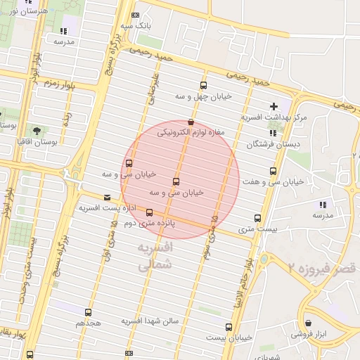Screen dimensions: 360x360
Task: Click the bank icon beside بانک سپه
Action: coord(136,15)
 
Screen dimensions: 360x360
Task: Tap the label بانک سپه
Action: coord(136,25)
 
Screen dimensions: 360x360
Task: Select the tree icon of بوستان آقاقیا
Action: coord(37,131)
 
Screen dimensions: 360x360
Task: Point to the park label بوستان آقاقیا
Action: coord(38,141)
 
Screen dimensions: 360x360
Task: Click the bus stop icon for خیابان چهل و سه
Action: coord(204,86)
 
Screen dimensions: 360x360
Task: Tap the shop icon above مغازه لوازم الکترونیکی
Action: coord(191,122)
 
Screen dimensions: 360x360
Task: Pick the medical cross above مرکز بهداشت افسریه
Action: coord(274,105)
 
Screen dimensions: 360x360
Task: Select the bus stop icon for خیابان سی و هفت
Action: coord(273,171)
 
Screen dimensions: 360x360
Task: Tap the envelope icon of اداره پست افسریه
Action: coord(107,198)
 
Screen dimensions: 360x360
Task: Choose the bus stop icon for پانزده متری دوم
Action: coord(149,212)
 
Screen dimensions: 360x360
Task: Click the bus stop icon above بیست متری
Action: coord(257,218)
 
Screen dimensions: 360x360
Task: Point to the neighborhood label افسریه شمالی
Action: coord(154,257)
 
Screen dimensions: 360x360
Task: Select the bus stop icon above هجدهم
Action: coord(88,312)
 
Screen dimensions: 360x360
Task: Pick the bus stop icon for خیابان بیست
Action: coord(229,327)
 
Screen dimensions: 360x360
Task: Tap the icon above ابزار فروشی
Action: coord(308,323)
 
